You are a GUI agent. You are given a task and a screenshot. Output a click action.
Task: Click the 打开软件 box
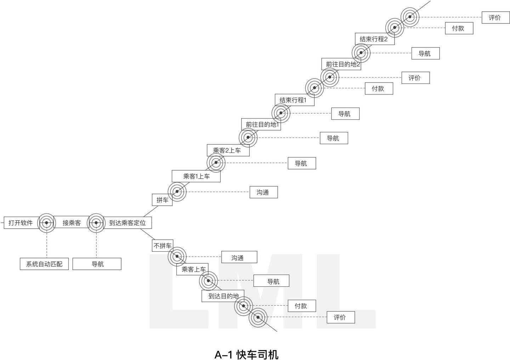(21, 223)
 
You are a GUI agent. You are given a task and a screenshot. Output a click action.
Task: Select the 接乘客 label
(72, 223)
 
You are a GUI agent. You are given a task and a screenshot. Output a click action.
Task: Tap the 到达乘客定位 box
(127, 223)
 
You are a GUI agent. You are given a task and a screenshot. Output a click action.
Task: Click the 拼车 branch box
(162, 200)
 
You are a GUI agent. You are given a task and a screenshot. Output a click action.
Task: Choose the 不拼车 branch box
(163, 245)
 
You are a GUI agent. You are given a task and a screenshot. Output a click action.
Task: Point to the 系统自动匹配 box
(44, 264)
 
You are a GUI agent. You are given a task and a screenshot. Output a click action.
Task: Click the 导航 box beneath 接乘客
(97, 264)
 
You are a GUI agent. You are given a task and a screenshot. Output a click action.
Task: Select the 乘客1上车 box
(196, 176)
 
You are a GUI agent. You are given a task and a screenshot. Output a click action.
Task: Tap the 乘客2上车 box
(228, 150)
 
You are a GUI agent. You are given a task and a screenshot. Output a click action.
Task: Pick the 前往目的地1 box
(261, 124)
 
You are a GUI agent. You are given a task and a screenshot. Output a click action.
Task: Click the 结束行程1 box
(293, 100)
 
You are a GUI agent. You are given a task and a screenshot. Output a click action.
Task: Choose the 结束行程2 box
(374, 39)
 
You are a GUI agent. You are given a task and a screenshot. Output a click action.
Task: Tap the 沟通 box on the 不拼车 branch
(239, 257)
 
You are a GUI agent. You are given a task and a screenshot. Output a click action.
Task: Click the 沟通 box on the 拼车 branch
(263, 192)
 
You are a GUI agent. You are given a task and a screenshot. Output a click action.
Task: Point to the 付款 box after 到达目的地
(301, 306)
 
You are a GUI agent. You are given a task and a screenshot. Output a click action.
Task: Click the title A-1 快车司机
(246, 354)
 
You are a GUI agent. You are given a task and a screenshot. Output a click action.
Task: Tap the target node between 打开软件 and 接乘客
(46, 223)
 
